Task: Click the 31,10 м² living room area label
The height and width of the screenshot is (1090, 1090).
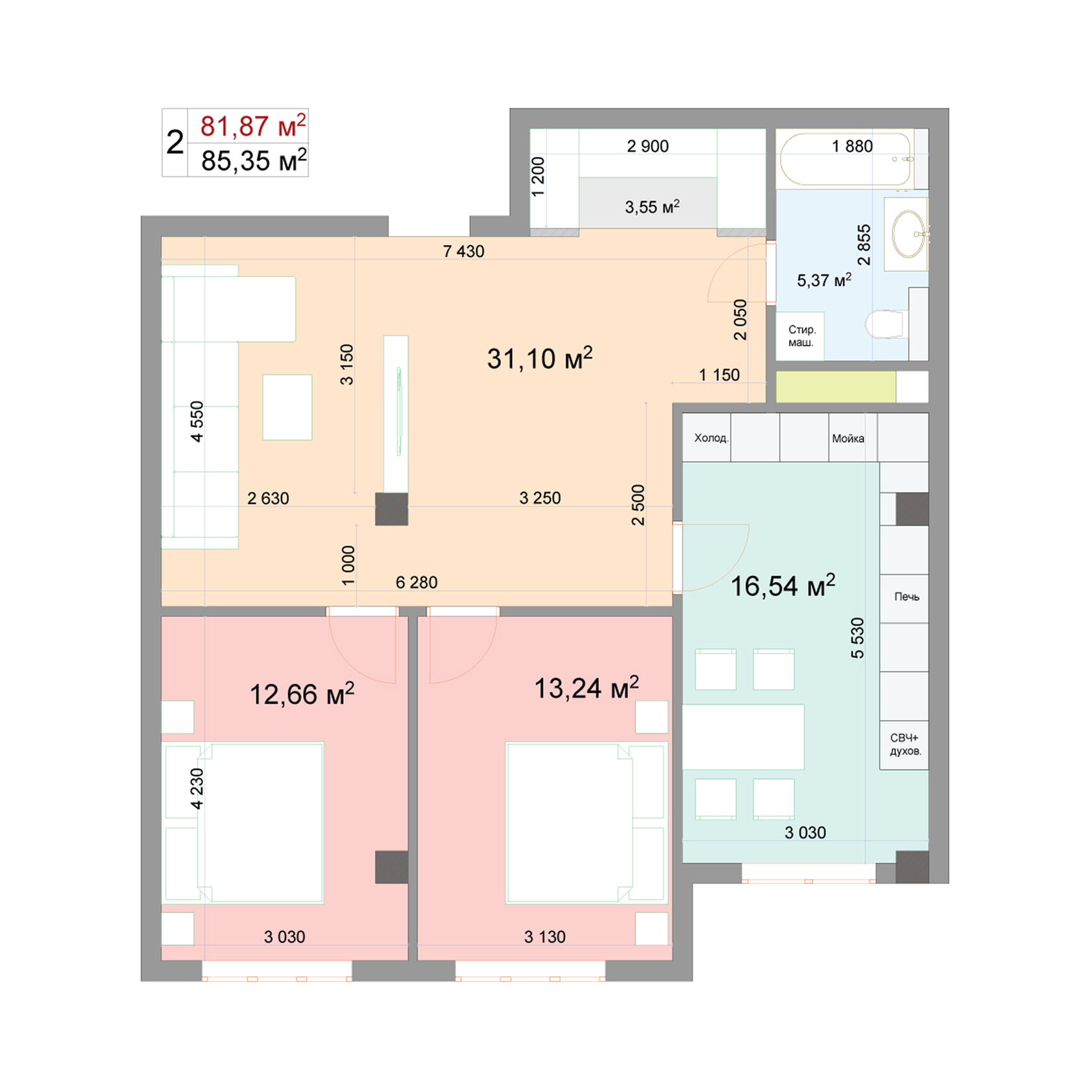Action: tap(539, 358)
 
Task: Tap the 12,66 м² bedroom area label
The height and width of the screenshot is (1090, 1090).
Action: tap(302, 694)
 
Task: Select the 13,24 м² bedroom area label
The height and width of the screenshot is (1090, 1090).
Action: tap(586, 688)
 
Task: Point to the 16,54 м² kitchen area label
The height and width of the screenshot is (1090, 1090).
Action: tap(782, 585)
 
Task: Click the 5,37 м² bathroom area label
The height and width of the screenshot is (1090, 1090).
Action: tap(823, 280)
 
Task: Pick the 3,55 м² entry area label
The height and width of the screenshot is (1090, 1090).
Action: tap(651, 207)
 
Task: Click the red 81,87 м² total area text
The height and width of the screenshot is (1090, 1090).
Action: tap(252, 126)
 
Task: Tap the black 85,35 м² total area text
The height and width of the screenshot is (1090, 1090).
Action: tap(253, 160)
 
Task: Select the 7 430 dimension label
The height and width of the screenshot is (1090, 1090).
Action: tap(463, 251)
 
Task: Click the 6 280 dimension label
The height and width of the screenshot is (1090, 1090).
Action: tap(417, 582)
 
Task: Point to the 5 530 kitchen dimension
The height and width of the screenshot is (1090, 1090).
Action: tap(857, 638)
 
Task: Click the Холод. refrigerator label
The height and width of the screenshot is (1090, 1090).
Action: tap(711, 438)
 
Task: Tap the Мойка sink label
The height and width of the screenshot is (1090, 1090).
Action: tap(848, 439)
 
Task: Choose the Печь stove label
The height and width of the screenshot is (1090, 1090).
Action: tap(906, 596)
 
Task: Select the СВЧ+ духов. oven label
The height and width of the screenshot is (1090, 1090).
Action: tap(905, 745)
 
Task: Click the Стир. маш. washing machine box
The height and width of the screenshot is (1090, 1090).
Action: tap(801, 336)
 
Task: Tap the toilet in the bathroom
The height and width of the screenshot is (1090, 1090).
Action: tap(886, 324)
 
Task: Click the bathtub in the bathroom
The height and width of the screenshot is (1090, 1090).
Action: tap(847, 160)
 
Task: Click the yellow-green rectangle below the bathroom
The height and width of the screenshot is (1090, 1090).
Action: tap(836, 387)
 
